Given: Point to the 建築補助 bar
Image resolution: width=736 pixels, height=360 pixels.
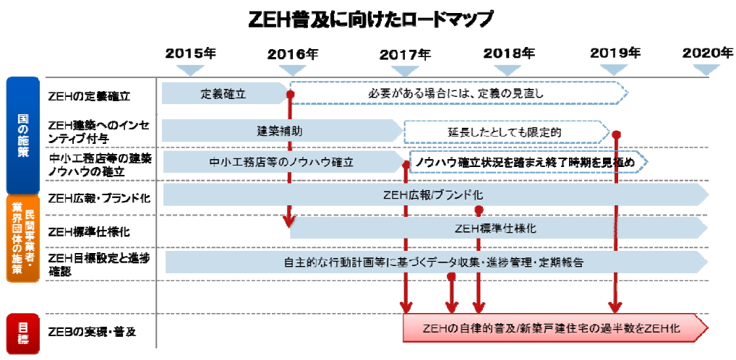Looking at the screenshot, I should pos(281,131).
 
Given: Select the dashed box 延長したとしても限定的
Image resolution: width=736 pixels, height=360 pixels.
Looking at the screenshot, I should pos(504,132).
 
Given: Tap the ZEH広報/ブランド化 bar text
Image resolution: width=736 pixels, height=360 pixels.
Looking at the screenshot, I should pos(434,195).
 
